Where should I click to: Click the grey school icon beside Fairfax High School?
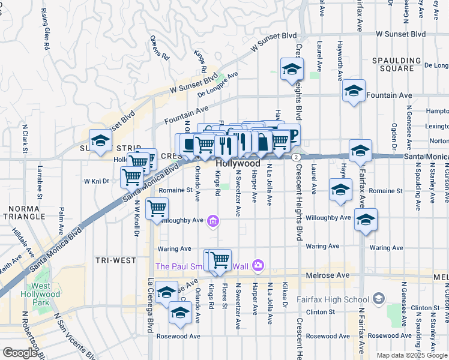(x=378, y=298)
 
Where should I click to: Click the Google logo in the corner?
(x=20, y=353)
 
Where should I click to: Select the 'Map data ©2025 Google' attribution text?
(x=412, y=355)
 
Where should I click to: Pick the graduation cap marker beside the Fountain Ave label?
(x=354, y=91)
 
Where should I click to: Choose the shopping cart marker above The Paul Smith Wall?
(x=220, y=259)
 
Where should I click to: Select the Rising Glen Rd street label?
(x=45, y=28)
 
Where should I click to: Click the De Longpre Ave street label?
(x=218, y=83)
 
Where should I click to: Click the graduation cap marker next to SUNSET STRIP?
(x=100, y=141)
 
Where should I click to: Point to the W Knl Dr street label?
(x=96, y=180)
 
